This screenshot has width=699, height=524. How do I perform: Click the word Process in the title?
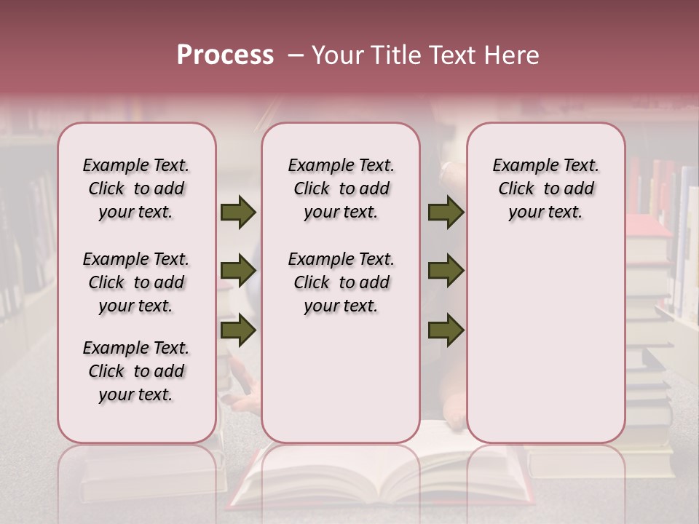pos(225,55)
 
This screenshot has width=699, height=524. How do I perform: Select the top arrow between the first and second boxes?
pos(238,213)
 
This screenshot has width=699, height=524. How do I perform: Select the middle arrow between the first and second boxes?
pos(238,271)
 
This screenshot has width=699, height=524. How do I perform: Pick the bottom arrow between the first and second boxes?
pos(238,330)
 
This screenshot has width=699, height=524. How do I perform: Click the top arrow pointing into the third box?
pos(446,213)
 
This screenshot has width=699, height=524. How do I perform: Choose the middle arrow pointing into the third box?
pos(446,271)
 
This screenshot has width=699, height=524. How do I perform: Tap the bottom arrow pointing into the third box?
pos(446,330)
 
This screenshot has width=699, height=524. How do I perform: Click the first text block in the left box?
pos(136,188)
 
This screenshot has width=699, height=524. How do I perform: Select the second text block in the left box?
pos(136,282)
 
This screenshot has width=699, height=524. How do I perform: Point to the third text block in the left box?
pos(136,371)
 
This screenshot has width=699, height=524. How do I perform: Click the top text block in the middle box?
pos(341,188)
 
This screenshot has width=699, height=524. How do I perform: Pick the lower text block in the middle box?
pos(341,282)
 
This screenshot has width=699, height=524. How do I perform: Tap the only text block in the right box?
pos(545,188)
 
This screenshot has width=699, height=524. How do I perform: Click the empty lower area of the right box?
pos(545,342)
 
